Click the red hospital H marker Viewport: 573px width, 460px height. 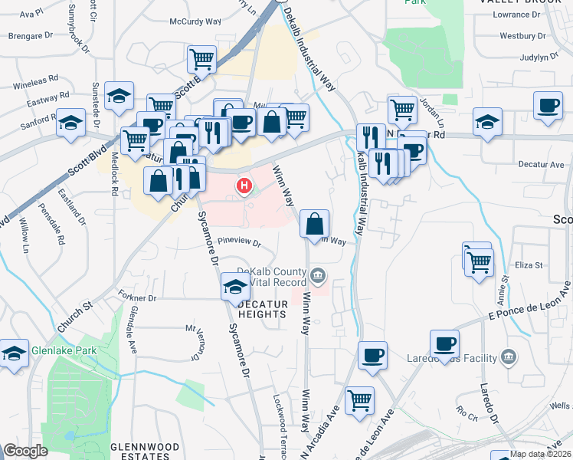(244, 186)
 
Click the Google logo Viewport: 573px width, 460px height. (26, 451)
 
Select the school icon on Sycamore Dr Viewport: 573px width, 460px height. (235, 287)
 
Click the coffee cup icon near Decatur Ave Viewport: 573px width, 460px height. (548, 107)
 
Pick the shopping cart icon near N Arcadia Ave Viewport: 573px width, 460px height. (359, 399)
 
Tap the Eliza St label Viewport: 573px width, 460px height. (529, 265)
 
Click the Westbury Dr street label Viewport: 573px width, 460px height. (522, 35)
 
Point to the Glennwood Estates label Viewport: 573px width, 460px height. (145, 451)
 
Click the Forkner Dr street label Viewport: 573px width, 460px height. (138, 297)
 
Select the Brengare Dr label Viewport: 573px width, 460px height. (31, 35)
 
